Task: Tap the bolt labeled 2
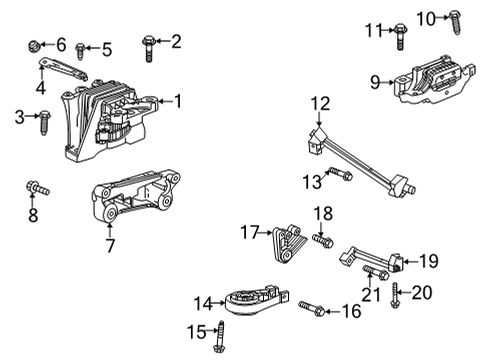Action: (149, 43)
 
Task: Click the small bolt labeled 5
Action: (83, 48)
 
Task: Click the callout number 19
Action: (428, 261)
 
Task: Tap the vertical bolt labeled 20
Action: (398, 293)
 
